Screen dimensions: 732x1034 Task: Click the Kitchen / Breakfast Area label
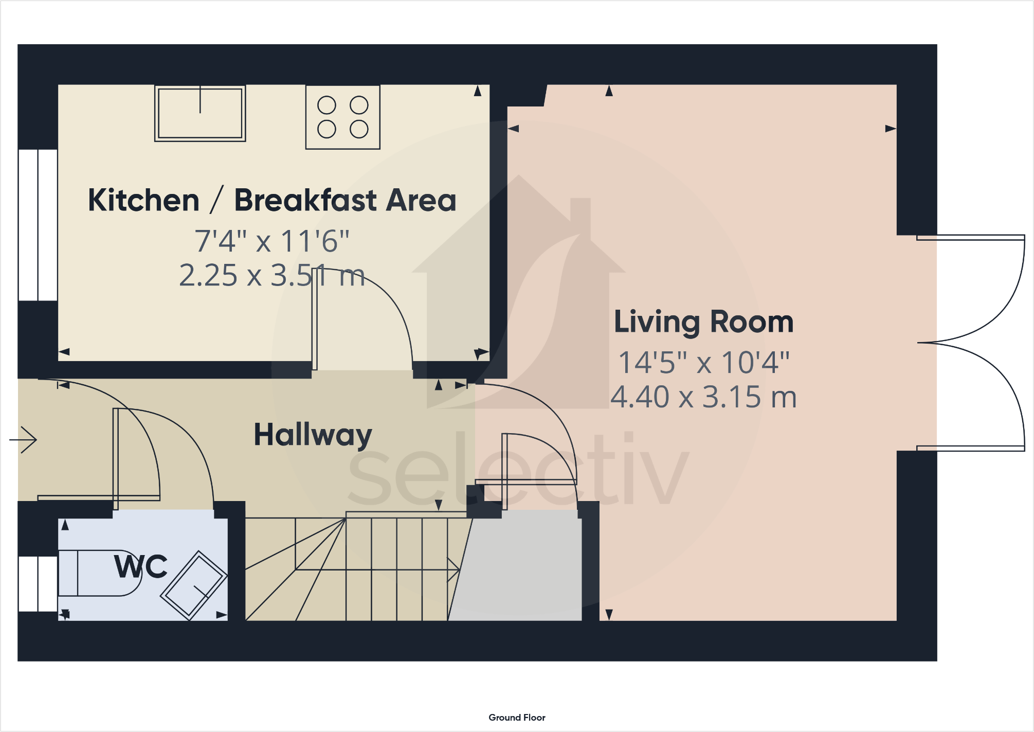click(x=272, y=200)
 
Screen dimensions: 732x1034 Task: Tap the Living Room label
click(x=703, y=322)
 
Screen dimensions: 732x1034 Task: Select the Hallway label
click(x=313, y=435)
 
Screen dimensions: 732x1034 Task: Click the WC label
click(x=141, y=566)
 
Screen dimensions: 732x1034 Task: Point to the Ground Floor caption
click(x=517, y=717)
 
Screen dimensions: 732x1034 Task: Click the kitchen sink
click(x=200, y=114)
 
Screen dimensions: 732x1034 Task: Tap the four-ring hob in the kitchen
click(x=343, y=117)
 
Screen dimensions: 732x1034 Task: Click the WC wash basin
click(x=194, y=585)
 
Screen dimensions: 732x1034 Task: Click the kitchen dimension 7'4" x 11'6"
click(x=272, y=241)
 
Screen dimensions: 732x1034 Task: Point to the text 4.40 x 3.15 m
click(x=703, y=397)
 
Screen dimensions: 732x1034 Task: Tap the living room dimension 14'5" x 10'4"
click(x=703, y=363)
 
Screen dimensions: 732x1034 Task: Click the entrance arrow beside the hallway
click(x=24, y=439)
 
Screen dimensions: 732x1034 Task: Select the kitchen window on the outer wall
click(x=38, y=225)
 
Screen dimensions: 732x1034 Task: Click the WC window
click(x=38, y=583)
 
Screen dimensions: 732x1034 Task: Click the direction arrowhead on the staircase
click(x=453, y=569)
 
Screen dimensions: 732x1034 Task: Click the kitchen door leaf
click(x=314, y=319)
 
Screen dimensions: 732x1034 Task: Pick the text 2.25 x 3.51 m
click(x=272, y=276)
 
